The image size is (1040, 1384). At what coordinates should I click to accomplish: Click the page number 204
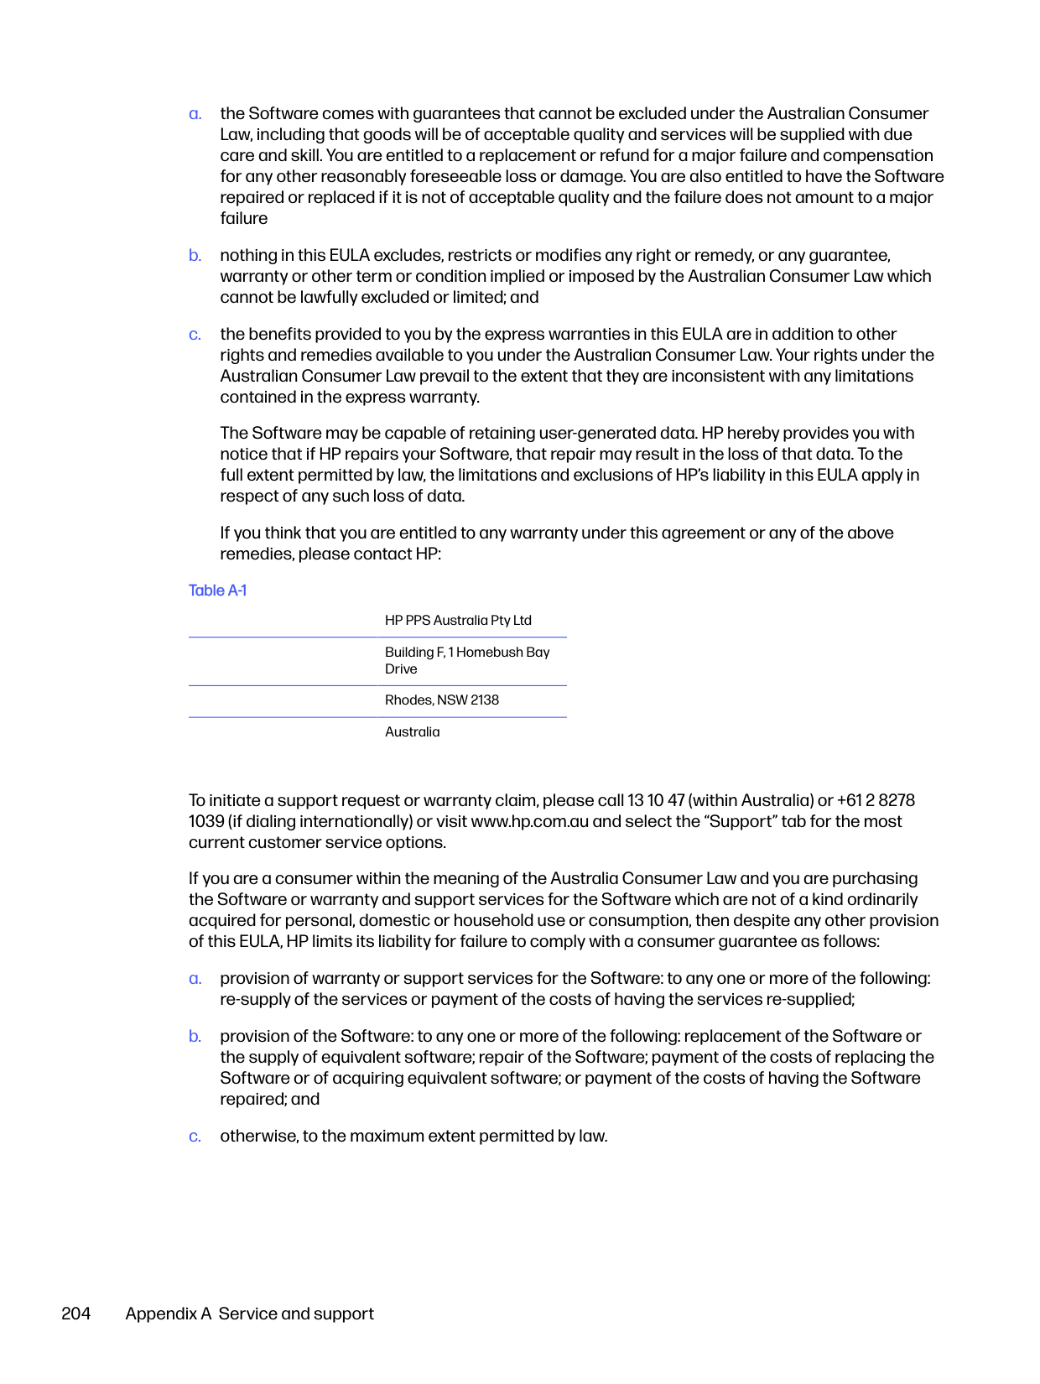pyautogui.click(x=75, y=1314)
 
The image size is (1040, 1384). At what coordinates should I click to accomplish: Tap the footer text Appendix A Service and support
pyautogui.click(x=249, y=1314)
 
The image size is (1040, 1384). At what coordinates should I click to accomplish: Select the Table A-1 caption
pyautogui.click(x=217, y=591)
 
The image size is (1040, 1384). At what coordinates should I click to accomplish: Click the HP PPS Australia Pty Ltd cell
pyautogui.click(x=458, y=621)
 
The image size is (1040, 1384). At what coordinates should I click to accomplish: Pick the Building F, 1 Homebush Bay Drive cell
pyautogui.click(x=467, y=661)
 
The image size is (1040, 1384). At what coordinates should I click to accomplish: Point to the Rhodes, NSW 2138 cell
pyautogui.click(x=442, y=700)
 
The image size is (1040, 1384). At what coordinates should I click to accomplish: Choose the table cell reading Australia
pyautogui.click(x=412, y=732)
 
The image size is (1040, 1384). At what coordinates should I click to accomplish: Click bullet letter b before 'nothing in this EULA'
pyautogui.click(x=195, y=256)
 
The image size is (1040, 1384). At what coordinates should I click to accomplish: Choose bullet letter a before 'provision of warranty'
pyautogui.click(x=195, y=979)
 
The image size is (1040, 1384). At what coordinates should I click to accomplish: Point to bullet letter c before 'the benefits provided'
pyautogui.click(x=195, y=335)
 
